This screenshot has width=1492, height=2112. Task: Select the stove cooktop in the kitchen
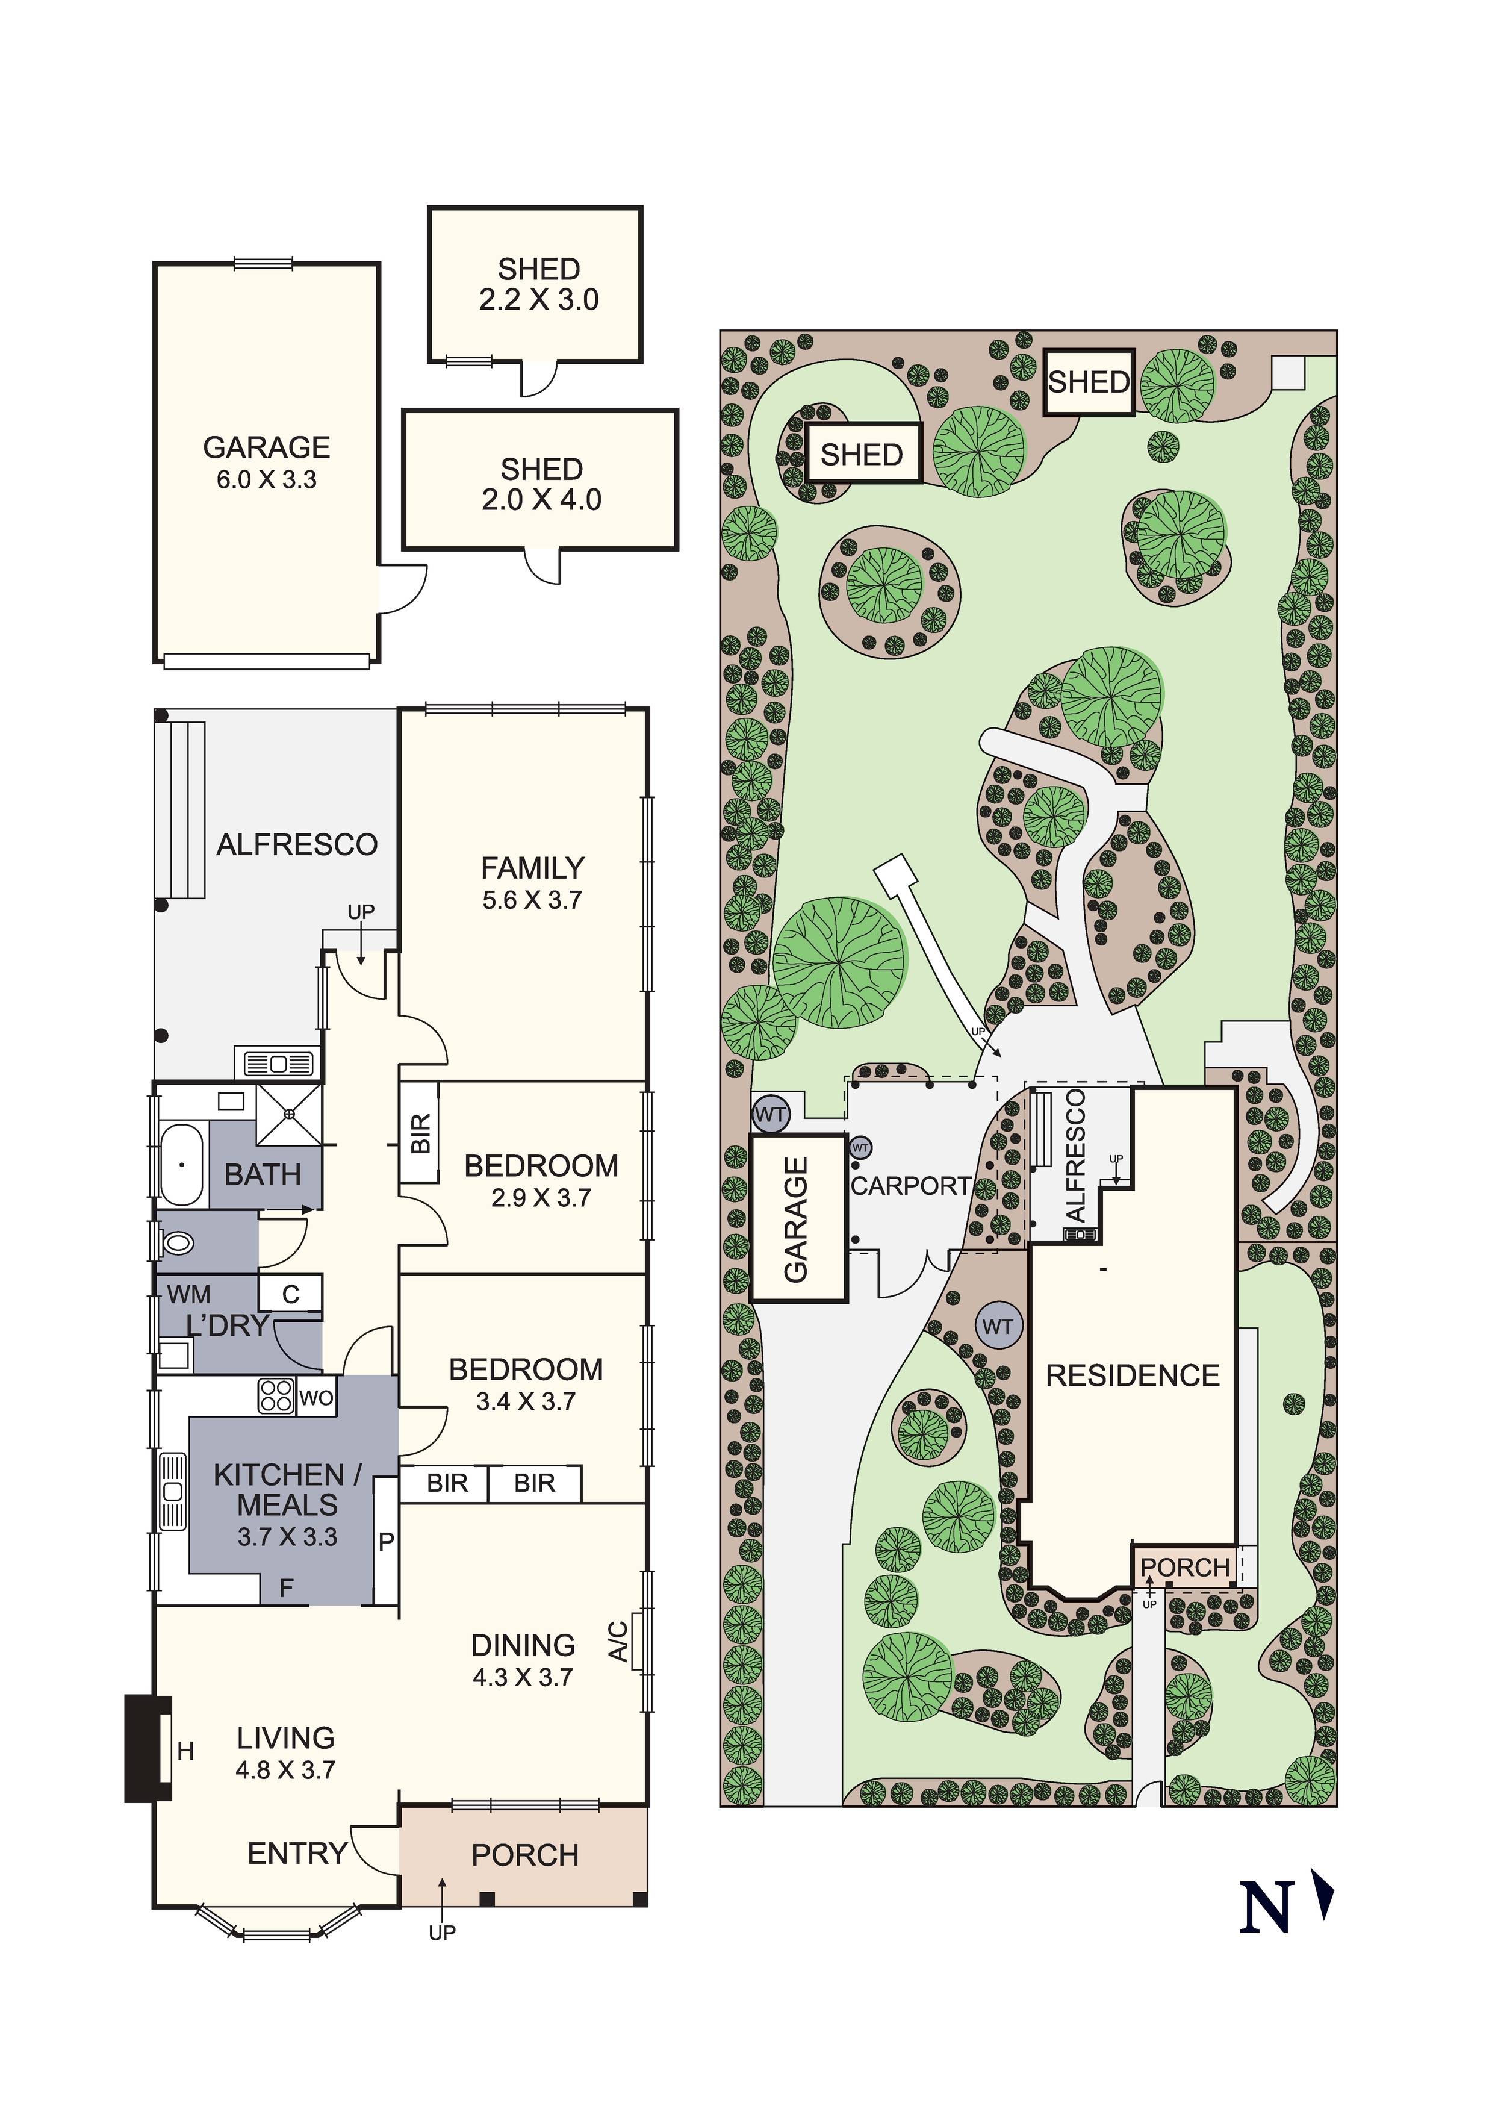(x=276, y=1395)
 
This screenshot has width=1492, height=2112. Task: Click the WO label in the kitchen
(x=317, y=1398)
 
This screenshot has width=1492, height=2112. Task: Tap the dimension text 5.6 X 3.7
(x=532, y=900)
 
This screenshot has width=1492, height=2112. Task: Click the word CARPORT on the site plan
(x=910, y=1186)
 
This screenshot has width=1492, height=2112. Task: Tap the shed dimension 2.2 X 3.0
(x=538, y=300)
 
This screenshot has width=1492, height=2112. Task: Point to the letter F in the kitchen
(x=286, y=1587)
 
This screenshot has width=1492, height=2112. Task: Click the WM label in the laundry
(x=188, y=1294)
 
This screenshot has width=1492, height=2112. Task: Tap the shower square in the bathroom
(x=289, y=1114)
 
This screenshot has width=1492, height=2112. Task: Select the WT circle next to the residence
(x=997, y=1327)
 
